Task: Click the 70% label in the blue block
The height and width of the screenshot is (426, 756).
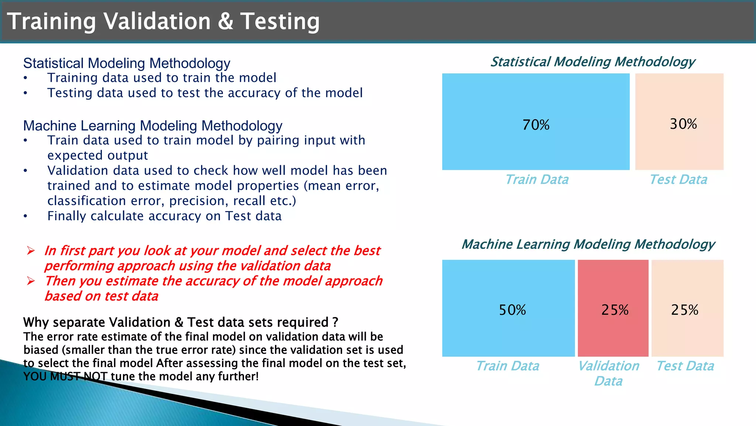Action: coord(536,125)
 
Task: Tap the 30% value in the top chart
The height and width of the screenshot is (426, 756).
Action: coord(683,124)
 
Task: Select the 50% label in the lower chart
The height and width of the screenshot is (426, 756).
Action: coord(512,310)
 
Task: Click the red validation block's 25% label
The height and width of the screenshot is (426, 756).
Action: coord(615,310)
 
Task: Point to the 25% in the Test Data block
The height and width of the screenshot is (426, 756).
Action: coord(684,310)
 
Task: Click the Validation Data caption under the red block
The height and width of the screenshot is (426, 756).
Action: coord(608,373)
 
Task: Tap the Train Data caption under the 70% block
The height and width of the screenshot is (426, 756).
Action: coord(537,180)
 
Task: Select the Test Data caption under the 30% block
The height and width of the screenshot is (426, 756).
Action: coord(678,180)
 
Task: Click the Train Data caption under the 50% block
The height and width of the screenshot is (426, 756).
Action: coord(508,366)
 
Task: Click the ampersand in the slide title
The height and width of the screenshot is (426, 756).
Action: coord(225,21)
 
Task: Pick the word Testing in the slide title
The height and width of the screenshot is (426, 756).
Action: coord(280,21)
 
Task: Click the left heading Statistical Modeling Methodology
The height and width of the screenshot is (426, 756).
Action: coord(127,63)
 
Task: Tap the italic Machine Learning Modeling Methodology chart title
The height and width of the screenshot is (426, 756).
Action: coord(588,244)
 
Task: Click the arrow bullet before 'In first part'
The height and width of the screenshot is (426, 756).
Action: coord(31,251)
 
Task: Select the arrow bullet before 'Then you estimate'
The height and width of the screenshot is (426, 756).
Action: coord(31,281)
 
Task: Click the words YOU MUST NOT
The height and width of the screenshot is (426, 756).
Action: coord(65,377)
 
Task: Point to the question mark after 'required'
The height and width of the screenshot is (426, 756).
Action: coord(335,322)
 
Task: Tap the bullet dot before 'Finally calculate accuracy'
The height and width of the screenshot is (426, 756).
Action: coord(25,217)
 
